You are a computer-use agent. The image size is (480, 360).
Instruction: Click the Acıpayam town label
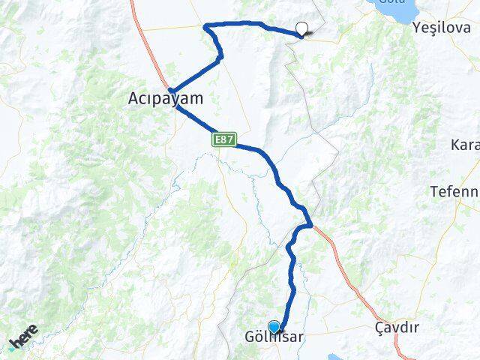click(x=166, y=97)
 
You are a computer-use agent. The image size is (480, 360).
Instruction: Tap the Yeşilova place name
click(x=442, y=28)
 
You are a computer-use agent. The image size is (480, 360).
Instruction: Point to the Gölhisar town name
click(x=274, y=337)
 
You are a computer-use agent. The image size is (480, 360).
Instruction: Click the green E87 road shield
click(x=223, y=139)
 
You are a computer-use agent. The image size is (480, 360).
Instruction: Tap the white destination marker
click(x=301, y=29)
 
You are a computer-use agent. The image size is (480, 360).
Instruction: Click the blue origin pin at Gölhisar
click(x=274, y=327)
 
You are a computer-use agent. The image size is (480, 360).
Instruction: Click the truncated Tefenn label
click(x=454, y=191)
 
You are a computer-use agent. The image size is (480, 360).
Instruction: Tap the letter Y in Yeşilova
click(x=417, y=28)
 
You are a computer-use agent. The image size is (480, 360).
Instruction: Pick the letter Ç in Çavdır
click(x=379, y=328)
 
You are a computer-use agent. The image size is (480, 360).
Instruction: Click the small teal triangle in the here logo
click(x=13, y=346)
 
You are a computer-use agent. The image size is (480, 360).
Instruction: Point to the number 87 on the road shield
click(x=226, y=139)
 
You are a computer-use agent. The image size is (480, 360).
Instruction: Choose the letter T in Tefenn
click(x=434, y=191)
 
